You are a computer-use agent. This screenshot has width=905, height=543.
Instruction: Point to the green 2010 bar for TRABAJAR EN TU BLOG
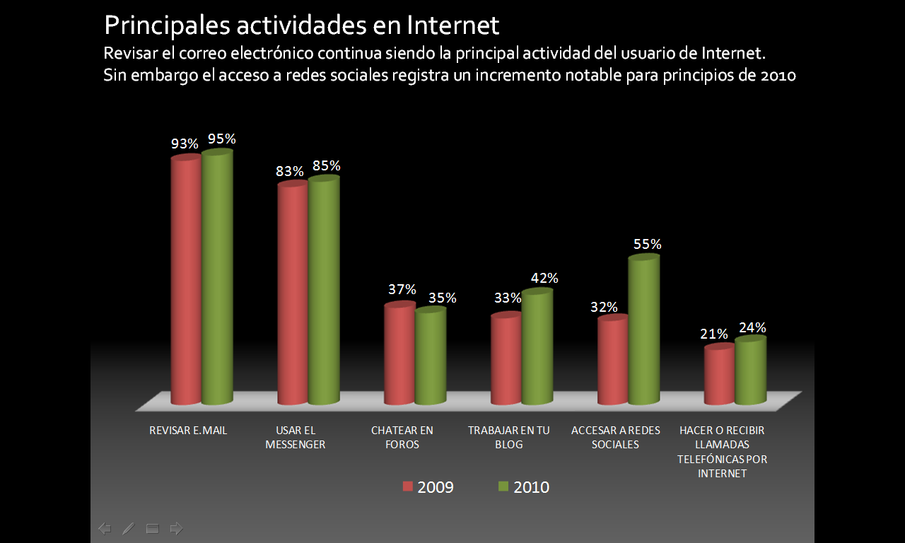(537, 347)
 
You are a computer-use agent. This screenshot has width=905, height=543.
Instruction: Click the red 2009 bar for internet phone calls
(719, 375)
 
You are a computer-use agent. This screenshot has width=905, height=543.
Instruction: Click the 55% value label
(648, 245)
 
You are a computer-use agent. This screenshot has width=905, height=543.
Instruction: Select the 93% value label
(185, 144)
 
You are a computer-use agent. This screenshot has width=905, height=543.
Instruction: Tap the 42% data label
(544, 279)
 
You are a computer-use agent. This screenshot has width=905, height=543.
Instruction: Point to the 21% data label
(714, 334)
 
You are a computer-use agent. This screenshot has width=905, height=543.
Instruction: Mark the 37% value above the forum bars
(402, 290)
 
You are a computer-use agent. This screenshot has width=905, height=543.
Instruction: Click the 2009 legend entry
(428, 487)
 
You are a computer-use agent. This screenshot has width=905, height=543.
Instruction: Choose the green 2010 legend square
(503, 486)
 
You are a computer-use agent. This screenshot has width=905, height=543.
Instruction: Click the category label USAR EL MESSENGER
(295, 438)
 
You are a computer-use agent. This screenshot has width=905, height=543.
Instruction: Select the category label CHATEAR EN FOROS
(402, 438)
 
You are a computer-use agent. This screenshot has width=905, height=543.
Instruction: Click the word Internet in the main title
(453, 25)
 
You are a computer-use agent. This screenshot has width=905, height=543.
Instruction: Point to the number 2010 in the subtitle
(778, 76)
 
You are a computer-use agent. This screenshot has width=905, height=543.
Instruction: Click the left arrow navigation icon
(105, 528)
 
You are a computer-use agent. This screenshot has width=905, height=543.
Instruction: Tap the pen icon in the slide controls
(128, 528)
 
